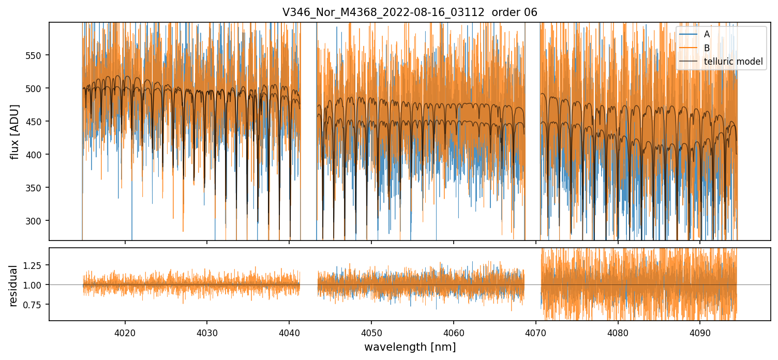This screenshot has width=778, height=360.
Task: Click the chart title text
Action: click(410, 12)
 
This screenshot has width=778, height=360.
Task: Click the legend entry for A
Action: click(707, 35)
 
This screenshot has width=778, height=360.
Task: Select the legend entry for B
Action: click(707, 48)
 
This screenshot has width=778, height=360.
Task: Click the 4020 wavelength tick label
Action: click(125, 333)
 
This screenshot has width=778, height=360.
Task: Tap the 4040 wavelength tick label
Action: click(289, 333)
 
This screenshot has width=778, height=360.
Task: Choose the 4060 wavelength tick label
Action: click(454, 333)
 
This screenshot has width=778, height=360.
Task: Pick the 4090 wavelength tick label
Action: click(700, 333)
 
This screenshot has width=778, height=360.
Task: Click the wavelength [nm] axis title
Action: click(410, 347)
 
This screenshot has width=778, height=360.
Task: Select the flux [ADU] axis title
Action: click(15, 131)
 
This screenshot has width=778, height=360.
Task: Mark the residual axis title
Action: click(13, 285)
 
